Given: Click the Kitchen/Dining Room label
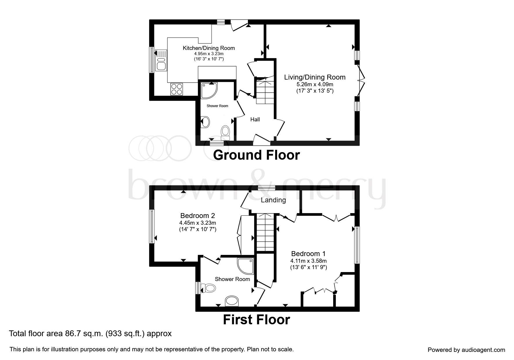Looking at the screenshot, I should pyautogui.click(x=208, y=48).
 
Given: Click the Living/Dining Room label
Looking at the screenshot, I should pyautogui.click(x=315, y=77).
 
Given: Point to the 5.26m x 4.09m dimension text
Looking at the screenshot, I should pyautogui.click(x=315, y=84).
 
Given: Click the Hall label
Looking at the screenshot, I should pyautogui.click(x=255, y=119).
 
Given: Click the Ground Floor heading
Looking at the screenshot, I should pyautogui.click(x=256, y=155).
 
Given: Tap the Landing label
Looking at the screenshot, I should pyautogui.click(x=273, y=200).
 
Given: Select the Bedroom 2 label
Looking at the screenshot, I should pyautogui.click(x=197, y=216).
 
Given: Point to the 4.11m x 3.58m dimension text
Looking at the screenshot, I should pyautogui.click(x=309, y=261).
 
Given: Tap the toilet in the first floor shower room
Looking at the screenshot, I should pyautogui.click(x=208, y=288).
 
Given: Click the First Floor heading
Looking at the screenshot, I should pyautogui.click(x=256, y=320).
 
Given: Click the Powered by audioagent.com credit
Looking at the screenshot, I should pyautogui.click(x=466, y=350).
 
